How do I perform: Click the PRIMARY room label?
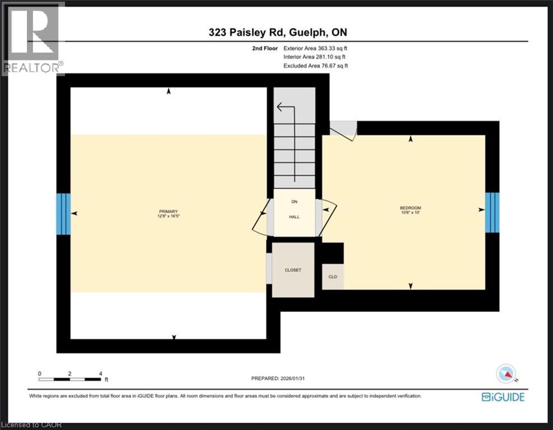point(168,211)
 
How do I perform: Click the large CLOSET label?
point(292,270)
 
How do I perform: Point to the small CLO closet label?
point(332,277)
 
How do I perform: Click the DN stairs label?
point(294,202)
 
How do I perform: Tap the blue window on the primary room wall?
point(63,213)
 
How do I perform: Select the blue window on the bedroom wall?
point(492,212)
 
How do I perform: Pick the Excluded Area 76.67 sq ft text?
point(316,66)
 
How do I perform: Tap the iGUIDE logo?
point(503,397)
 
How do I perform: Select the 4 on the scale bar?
point(100,373)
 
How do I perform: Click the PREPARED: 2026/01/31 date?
point(278,378)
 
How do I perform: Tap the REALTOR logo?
point(32,39)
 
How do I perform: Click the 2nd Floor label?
point(265,49)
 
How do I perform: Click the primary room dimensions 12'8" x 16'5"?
point(168,216)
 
